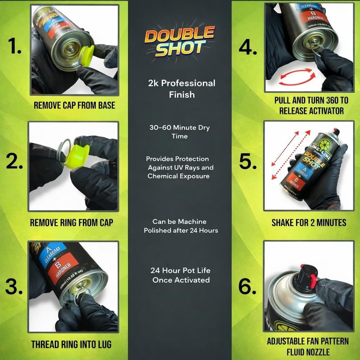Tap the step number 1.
(x=14, y=46)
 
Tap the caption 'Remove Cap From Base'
(x=74, y=105)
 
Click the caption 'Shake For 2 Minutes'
(x=309, y=222)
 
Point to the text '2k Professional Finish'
(x=181, y=89)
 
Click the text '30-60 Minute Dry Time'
(x=180, y=131)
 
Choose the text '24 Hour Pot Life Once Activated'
(x=181, y=275)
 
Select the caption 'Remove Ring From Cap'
(x=71, y=222)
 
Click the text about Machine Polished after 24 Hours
(x=181, y=226)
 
